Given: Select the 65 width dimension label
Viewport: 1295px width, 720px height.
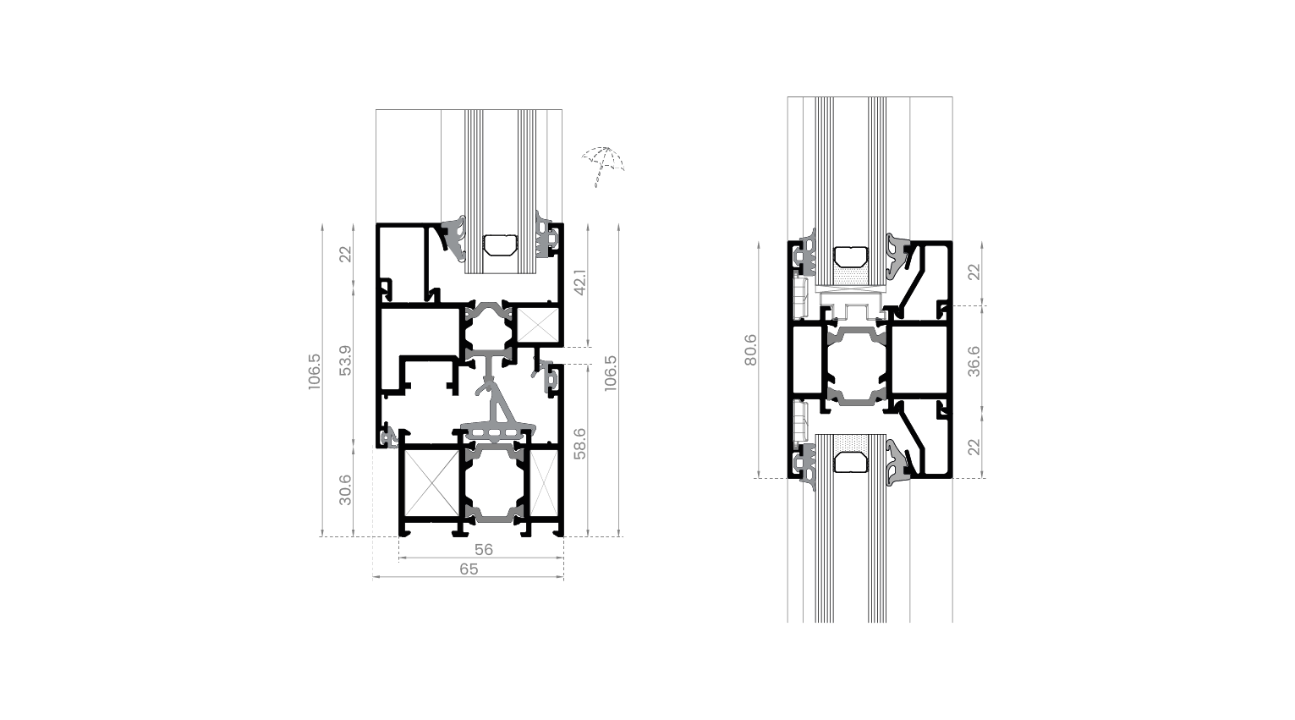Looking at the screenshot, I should pos(469,569).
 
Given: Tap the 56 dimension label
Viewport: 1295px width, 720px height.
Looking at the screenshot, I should pos(483,549).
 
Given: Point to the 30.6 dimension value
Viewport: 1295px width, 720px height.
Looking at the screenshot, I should pos(345,489).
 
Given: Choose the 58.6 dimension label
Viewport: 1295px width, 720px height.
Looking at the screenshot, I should pos(579,442).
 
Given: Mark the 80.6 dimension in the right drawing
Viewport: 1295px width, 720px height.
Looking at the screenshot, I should pos(750,350).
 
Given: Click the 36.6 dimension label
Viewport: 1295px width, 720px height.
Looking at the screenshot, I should pos(974,361).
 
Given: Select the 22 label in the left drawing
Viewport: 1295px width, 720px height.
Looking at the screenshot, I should pos(345,254).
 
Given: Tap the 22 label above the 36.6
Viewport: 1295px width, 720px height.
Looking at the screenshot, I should pos(974,272).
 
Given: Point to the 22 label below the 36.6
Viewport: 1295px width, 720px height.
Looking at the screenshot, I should pos(974,446).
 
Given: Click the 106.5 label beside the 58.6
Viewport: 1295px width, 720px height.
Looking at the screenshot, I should pos(611,372).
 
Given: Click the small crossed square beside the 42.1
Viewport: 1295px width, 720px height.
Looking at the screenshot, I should pos(533,324).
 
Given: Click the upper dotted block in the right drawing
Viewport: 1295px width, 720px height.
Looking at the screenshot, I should pos(853,275).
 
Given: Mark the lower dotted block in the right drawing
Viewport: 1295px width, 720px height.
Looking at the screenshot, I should pos(853,443).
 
